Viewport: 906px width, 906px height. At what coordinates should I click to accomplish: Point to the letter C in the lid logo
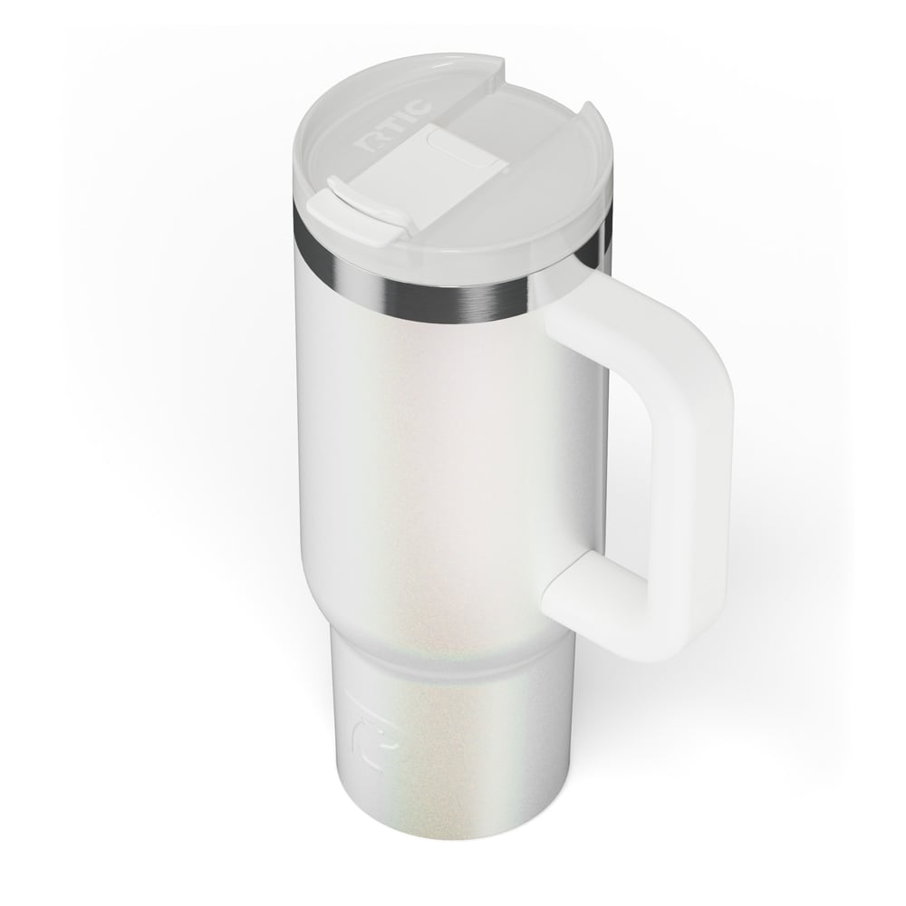(x=419, y=108)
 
